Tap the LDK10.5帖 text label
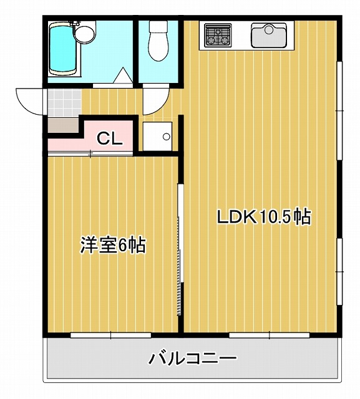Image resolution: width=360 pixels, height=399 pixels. tap(263, 218)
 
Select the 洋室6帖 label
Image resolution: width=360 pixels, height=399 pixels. tap(112, 246)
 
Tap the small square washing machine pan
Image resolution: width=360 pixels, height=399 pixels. tap(158, 136)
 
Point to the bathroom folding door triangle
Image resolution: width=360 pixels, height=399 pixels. tap(124, 76)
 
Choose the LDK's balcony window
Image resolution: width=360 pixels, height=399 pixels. tap(269, 335)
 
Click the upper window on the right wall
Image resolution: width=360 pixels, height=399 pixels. tap(340, 110)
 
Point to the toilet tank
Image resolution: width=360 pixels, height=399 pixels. tap(158, 27)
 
